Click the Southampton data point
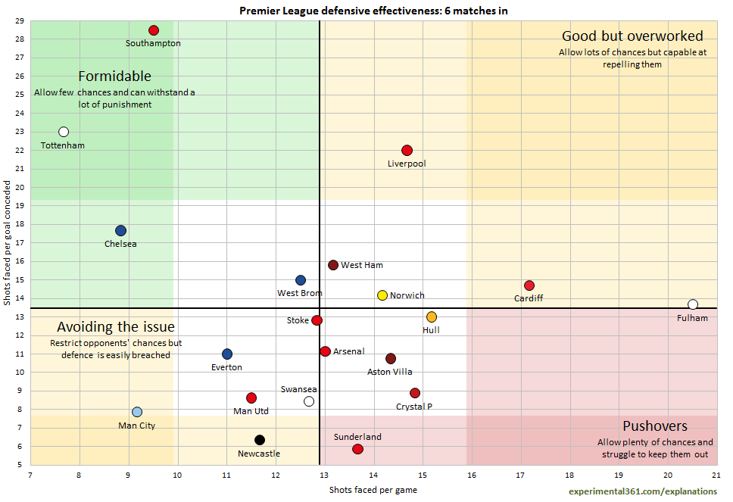click(154, 30)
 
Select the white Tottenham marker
click(64, 132)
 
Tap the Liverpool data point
click(407, 151)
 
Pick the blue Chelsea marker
click(120, 231)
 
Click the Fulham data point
click(692, 304)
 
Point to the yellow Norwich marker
click(382, 295)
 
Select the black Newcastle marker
click(260, 440)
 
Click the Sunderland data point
click(357, 449)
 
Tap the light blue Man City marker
click(137, 412)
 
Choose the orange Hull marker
click(432, 317)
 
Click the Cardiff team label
click(529, 298)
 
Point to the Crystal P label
click(414, 407)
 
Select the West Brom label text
click(300, 293)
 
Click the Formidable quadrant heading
click(115, 76)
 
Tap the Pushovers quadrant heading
click(655, 426)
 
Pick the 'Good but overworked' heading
click(632, 36)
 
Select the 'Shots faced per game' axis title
click(373, 490)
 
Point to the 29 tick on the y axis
click(19, 20)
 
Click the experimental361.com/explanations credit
click(643, 491)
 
